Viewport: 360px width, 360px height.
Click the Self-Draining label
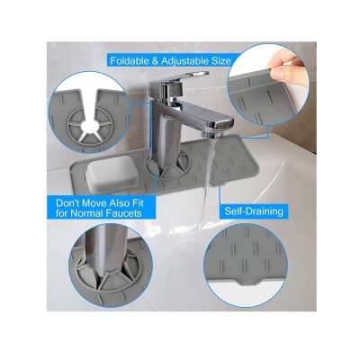coord(254,211)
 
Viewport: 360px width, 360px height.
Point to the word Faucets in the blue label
coord(124,213)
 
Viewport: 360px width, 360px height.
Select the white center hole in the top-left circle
coord(88,125)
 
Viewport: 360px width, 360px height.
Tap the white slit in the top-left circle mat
coord(88,103)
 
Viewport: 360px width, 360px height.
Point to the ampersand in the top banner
coord(155,61)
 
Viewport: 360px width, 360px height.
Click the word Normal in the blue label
coord(86,213)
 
